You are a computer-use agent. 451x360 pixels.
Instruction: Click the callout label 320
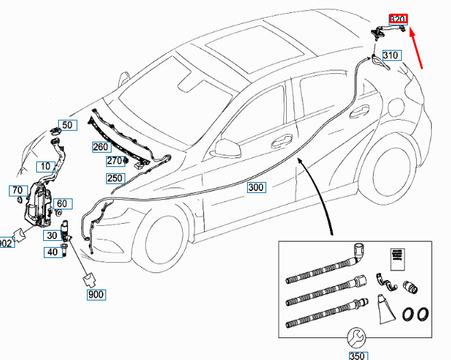pos(398,20)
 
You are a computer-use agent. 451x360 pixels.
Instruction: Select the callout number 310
pos(390,55)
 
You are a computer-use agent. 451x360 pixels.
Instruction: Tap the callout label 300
pos(256,188)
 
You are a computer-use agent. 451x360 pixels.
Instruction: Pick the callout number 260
pos(101,146)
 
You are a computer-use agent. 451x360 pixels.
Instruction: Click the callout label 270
pos(114,162)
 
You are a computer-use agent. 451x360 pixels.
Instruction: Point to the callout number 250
pos(114,179)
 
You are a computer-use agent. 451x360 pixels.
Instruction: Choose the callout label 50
pos(66,125)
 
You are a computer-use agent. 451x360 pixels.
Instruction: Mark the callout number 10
pos(44,166)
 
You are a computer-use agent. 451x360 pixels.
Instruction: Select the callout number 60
pos(62,204)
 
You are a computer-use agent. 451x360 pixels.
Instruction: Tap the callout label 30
pos(51,235)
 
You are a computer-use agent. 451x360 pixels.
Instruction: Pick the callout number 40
pos(52,252)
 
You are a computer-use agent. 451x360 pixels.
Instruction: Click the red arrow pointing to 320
pos(419,48)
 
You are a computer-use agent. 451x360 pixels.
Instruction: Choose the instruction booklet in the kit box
pos(396,261)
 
